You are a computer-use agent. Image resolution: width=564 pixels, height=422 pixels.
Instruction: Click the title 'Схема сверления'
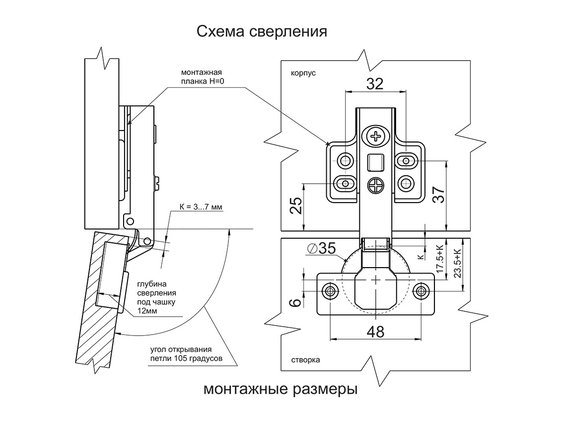tap(262, 32)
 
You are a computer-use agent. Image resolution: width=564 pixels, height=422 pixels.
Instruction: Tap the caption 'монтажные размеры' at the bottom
tap(281, 389)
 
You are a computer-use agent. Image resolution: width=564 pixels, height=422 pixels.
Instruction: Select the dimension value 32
tap(375, 84)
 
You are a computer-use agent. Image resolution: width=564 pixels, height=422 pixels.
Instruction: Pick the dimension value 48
tap(375, 332)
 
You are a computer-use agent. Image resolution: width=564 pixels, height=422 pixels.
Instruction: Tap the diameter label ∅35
tap(322, 248)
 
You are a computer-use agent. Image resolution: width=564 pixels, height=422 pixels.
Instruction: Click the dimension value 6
tap(296, 302)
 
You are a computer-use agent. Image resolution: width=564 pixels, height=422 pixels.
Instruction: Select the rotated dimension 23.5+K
tap(457, 263)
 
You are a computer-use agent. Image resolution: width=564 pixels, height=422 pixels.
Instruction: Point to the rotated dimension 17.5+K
tap(440, 259)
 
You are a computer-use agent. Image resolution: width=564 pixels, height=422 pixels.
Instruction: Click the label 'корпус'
tap(303, 73)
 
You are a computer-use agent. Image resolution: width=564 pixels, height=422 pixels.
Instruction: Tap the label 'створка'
tap(305, 360)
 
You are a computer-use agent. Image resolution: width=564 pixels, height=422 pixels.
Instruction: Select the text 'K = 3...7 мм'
tap(201, 207)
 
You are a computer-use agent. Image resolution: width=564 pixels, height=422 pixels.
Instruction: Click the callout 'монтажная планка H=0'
tap(202, 77)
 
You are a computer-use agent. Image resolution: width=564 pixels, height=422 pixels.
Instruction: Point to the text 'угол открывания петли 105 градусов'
tap(186, 354)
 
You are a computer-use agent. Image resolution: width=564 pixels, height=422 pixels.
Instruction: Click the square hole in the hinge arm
tap(376, 162)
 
